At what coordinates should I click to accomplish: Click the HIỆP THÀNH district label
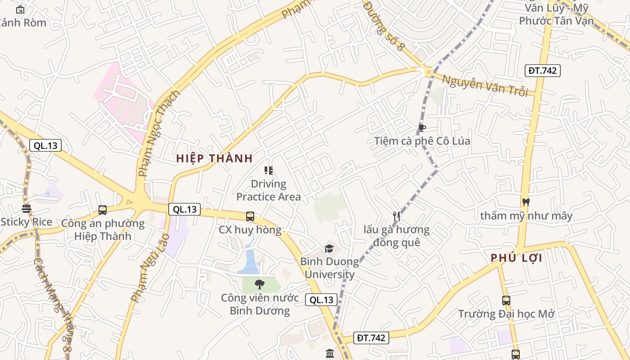click(x=214, y=158)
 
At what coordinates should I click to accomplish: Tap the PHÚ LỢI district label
click(x=516, y=258)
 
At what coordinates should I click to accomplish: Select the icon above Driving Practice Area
click(x=269, y=171)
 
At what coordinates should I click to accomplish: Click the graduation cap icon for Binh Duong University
click(x=329, y=248)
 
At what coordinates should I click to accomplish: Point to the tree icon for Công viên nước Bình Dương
click(x=259, y=284)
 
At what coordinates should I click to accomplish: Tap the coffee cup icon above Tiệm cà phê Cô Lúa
click(x=422, y=128)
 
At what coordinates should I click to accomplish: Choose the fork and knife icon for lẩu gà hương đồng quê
click(x=396, y=216)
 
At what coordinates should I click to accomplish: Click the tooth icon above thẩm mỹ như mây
click(x=526, y=202)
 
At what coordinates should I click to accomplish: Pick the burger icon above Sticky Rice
click(x=27, y=209)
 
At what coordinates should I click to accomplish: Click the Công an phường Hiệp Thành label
click(x=103, y=229)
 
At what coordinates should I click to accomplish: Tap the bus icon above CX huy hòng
click(x=250, y=216)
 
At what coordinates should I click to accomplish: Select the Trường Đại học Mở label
click(x=506, y=314)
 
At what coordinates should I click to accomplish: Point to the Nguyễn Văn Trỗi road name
click(x=485, y=85)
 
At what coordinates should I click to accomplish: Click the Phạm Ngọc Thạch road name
click(x=159, y=133)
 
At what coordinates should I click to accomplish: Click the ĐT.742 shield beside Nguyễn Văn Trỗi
click(x=542, y=71)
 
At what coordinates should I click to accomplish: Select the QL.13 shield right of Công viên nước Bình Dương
click(x=321, y=300)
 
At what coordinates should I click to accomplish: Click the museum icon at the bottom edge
click(x=329, y=354)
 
